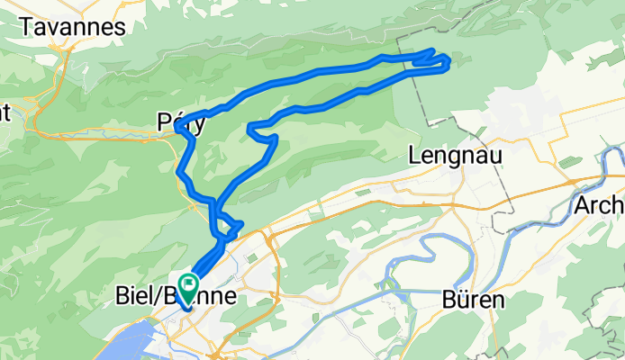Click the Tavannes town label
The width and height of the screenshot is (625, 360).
(71, 27)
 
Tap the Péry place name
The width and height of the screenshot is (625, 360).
(182, 122)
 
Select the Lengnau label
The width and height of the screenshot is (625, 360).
(455, 155)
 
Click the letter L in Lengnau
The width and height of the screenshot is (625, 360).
(414, 155)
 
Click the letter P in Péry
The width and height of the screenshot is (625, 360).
(163, 122)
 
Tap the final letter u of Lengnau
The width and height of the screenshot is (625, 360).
(496, 155)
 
